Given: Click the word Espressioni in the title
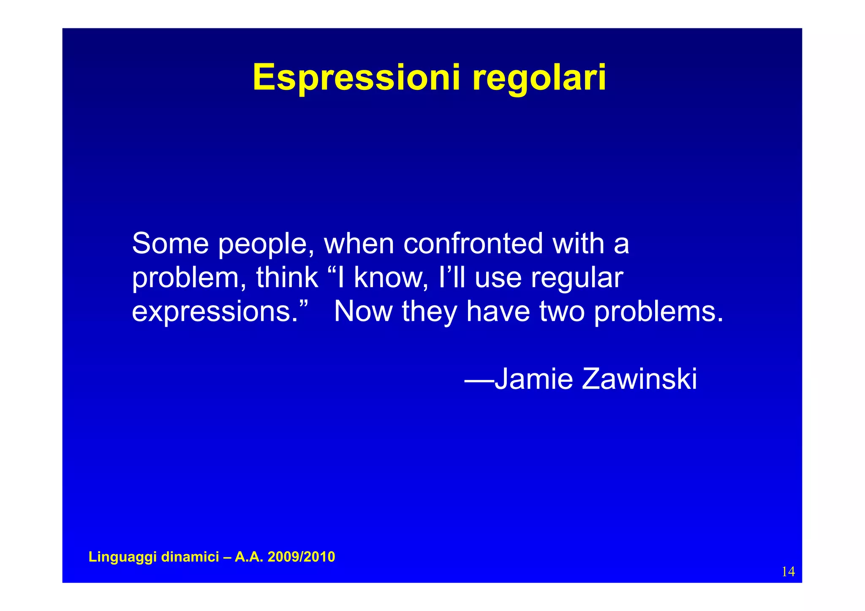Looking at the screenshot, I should [356, 78].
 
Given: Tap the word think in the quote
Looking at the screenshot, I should [287, 277].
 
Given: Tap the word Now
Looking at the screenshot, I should [363, 311].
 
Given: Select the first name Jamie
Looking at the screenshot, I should [533, 379].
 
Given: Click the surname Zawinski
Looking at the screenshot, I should [639, 379].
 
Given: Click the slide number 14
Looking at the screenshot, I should [788, 572].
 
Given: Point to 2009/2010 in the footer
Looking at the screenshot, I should [301, 557].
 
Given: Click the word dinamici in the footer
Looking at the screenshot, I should [190, 557].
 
